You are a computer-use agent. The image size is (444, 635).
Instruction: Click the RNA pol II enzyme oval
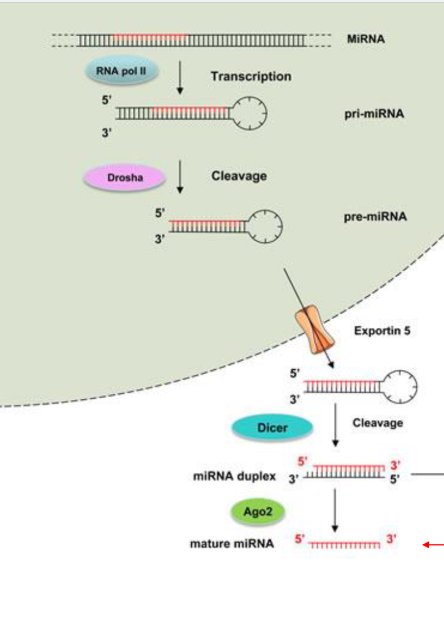pos(121,71)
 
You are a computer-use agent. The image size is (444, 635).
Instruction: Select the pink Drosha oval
pos(125,178)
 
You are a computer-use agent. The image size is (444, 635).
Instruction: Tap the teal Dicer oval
pos(273,427)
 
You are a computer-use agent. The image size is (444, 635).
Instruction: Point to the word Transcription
pos(250,77)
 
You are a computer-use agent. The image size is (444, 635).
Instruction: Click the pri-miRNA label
pos(374,114)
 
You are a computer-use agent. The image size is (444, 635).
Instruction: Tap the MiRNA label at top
pos(366,39)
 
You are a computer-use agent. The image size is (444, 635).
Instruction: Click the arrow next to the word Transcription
pos(180,77)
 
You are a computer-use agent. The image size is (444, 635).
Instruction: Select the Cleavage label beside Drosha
pos(239,176)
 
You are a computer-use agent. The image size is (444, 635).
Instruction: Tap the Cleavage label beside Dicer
pos(377,423)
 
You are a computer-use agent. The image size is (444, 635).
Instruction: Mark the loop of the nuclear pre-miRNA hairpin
pos(265,226)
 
